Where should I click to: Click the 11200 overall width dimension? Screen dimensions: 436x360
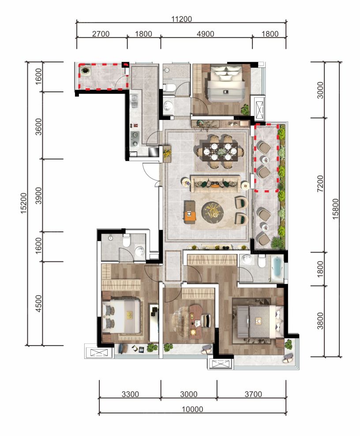click(181, 19)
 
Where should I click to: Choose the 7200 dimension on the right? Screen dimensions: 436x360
click(321, 185)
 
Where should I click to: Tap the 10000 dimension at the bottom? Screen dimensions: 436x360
click(192, 409)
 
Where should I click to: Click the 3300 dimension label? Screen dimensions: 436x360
click(130, 394)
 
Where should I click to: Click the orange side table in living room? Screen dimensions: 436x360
click(190, 216)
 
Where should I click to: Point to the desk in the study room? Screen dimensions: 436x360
click(195, 317)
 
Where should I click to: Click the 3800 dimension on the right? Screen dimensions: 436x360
click(321, 321)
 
